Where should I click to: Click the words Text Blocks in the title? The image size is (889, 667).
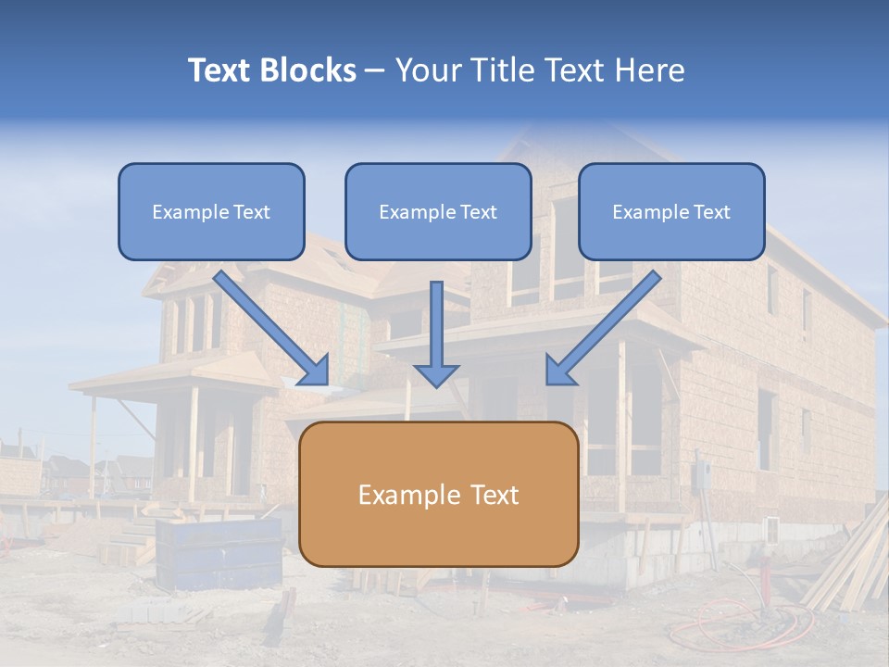tap(271, 70)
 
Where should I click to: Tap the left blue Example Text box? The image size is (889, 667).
tap(211, 211)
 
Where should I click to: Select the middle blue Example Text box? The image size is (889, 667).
tap(438, 211)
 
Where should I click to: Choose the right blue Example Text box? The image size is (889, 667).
tap(671, 211)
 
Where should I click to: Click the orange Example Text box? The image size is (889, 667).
tap(438, 494)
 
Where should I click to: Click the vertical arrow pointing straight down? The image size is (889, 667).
tap(436, 333)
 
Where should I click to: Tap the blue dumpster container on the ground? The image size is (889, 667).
tap(219, 553)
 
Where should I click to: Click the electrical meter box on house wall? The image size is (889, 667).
tap(701, 475)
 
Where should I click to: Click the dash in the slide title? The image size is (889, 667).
tap(375, 70)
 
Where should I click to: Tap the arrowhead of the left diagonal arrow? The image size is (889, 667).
tap(313, 370)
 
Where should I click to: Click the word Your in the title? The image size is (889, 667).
tap(427, 70)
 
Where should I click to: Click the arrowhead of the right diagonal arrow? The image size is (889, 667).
tap(560, 370)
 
